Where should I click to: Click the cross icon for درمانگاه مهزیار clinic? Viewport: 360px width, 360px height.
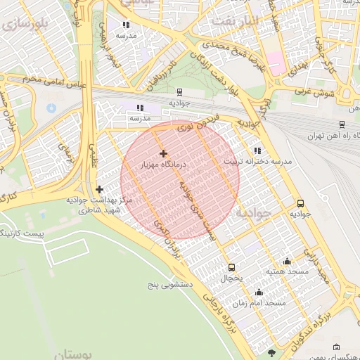[x=163, y=153]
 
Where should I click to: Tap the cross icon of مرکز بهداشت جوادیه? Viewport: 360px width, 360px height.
[x=99, y=189]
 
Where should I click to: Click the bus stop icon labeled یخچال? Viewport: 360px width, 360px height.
[x=231, y=267]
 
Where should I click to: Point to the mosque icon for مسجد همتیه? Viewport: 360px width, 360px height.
[x=286, y=261]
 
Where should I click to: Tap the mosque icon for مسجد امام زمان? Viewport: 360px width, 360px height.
[x=259, y=292]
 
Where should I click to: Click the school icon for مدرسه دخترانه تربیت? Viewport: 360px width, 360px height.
[x=257, y=150]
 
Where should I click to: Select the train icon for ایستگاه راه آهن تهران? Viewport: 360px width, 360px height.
[x=342, y=125]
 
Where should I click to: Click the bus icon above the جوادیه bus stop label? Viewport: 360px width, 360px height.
[x=301, y=203]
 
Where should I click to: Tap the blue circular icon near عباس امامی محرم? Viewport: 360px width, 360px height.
[x=51, y=109]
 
